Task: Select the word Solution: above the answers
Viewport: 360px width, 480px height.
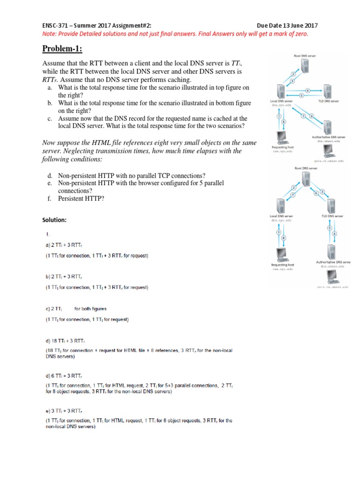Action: pyautogui.click(x=55, y=219)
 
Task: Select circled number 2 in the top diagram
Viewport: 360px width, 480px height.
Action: pyautogui.click(x=293, y=73)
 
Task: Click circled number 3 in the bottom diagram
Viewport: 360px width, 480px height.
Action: pyautogui.click(x=323, y=190)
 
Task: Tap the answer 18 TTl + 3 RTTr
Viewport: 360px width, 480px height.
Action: pyautogui.click(x=69, y=341)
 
